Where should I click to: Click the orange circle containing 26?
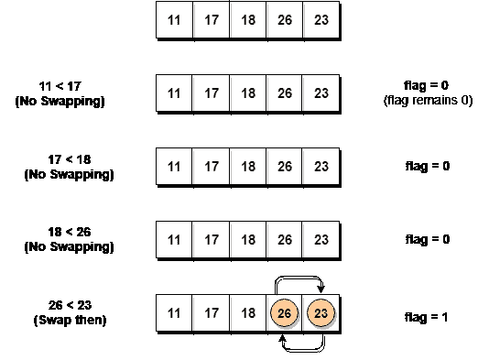tap(284, 313)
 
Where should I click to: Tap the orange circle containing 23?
tap(321, 313)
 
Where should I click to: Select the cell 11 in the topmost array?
tap(175, 20)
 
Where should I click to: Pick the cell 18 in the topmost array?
tap(248, 20)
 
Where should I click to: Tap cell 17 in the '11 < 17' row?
tap(212, 93)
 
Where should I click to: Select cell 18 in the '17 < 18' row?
tap(248, 166)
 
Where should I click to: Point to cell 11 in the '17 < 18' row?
tap(175, 166)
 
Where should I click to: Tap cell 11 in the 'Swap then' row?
tap(175, 313)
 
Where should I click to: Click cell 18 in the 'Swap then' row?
tap(248, 313)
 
